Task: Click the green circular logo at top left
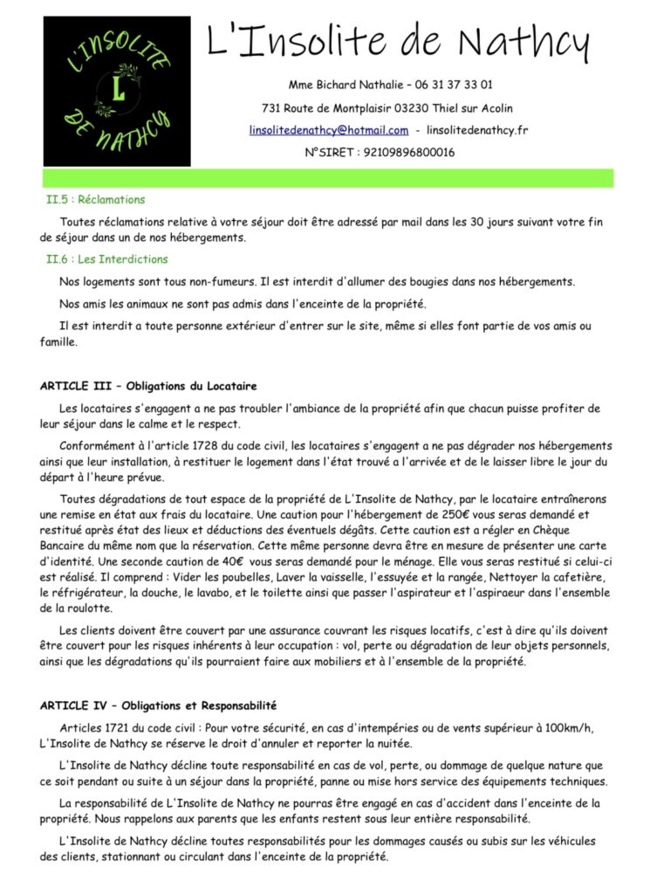click(x=117, y=91)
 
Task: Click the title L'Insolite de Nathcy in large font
click(x=398, y=42)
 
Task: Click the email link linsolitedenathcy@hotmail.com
click(x=328, y=130)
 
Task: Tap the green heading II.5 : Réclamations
click(x=96, y=200)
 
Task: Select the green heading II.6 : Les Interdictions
click(x=107, y=259)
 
